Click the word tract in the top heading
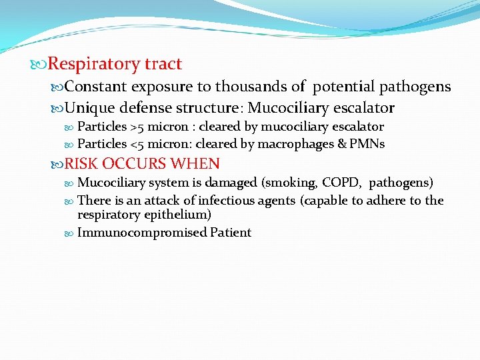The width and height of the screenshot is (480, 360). pyautogui.click(x=163, y=64)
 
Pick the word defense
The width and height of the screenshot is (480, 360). pyautogui.click(x=148, y=107)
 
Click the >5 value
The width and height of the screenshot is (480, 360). pyautogui.click(x=137, y=127)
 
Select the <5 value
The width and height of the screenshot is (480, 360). pyautogui.click(x=137, y=144)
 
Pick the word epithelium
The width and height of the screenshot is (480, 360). pyautogui.click(x=175, y=215)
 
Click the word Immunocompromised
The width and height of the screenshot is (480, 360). pyautogui.click(x=142, y=233)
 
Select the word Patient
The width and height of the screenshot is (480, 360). pyautogui.click(x=231, y=233)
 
